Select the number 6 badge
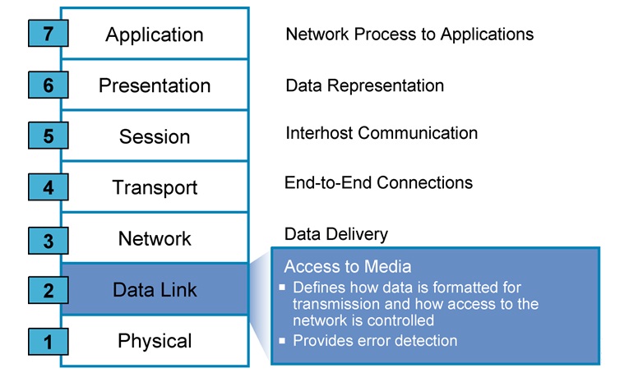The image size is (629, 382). pyautogui.click(x=48, y=85)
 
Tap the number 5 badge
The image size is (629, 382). pyautogui.click(x=48, y=136)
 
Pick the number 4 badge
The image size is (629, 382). pyautogui.click(x=48, y=187)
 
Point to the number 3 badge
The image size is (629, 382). pyautogui.click(x=48, y=239)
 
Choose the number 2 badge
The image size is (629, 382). pyautogui.click(x=48, y=290)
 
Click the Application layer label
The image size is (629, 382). pyautogui.click(x=155, y=35)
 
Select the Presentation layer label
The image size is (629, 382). pyautogui.click(x=155, y=85)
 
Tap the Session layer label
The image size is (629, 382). pyautogui.click(x=155, y=136)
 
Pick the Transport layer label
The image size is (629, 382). pyautogui.click(x=155, y=187)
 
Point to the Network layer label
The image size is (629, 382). pyautogui.click(x=155, y=238)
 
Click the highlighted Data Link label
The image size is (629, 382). pyautogui.click(x=155, y=289)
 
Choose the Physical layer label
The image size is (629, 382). pyautogui.click(x=155, y=340)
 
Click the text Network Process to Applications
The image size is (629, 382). pyautogui.click(x=409, y=35)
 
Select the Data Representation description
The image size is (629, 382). pyautogui.click(x=364, y=85)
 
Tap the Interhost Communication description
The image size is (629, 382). pyautogui.click(x=382, y=133)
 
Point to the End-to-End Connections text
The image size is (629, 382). pyautogui.click(x=378, y=182)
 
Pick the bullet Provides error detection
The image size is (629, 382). pyautogui.click(x=374, y=340)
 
